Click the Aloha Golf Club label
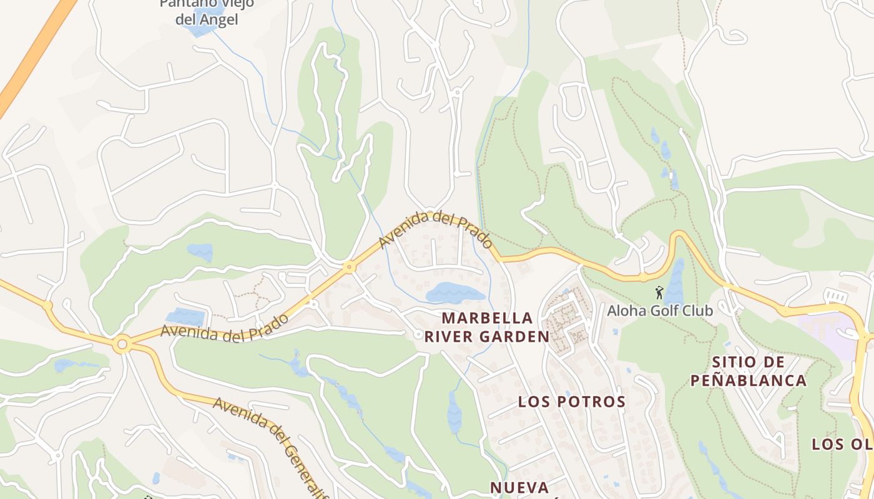pos(660,310)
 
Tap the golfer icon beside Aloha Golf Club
pos(659,292)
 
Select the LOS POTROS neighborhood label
pos(571,402)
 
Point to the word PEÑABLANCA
pos(749,380)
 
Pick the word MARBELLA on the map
pos(488,318)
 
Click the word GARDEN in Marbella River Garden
pos(518,337)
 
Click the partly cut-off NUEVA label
pos(519,488)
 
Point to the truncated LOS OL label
pos(843,444)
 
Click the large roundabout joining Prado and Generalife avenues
pos(122,344)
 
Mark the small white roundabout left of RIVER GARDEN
pos(418,335)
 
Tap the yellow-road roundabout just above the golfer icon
pos(643,276)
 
